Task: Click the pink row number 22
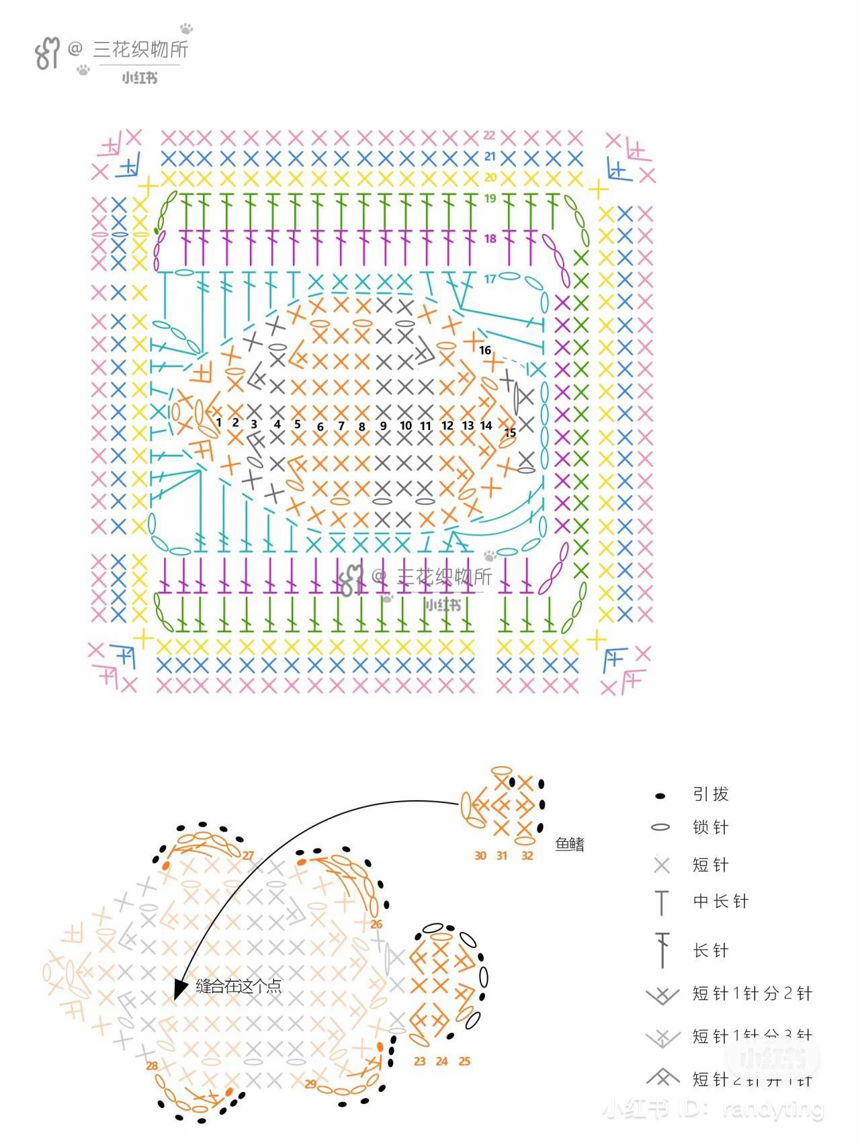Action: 489,136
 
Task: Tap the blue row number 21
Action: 490,157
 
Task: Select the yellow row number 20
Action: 490,177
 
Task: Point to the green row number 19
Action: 490,198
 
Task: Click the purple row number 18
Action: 490,239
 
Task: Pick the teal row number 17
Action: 490,279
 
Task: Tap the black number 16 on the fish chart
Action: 485,350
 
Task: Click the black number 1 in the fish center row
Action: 219,423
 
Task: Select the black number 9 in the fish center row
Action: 384,426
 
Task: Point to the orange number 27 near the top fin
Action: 249,855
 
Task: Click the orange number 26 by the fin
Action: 376,924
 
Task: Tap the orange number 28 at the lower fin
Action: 152,1066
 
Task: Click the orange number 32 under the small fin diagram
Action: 527,855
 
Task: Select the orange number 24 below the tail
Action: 441,1062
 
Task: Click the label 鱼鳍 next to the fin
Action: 570,844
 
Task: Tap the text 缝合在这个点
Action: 239,986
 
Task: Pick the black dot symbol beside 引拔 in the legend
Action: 660,796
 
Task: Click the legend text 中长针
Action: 721,901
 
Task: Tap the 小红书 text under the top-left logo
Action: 140,78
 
